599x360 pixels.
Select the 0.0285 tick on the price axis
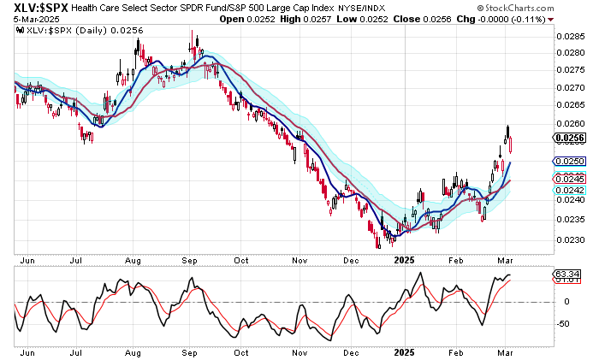pos(570,36)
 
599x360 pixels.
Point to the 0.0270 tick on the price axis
pos(570,87)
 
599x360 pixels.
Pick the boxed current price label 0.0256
pos(570,137)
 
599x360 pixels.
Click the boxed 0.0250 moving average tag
pos(570,161)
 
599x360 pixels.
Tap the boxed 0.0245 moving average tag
pos(570,179)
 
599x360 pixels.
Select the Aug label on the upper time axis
pos(133,259)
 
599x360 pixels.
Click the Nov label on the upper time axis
pos(298,259)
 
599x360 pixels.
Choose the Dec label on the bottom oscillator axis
pos(353,351)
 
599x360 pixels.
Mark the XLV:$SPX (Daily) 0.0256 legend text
pos(68,30)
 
